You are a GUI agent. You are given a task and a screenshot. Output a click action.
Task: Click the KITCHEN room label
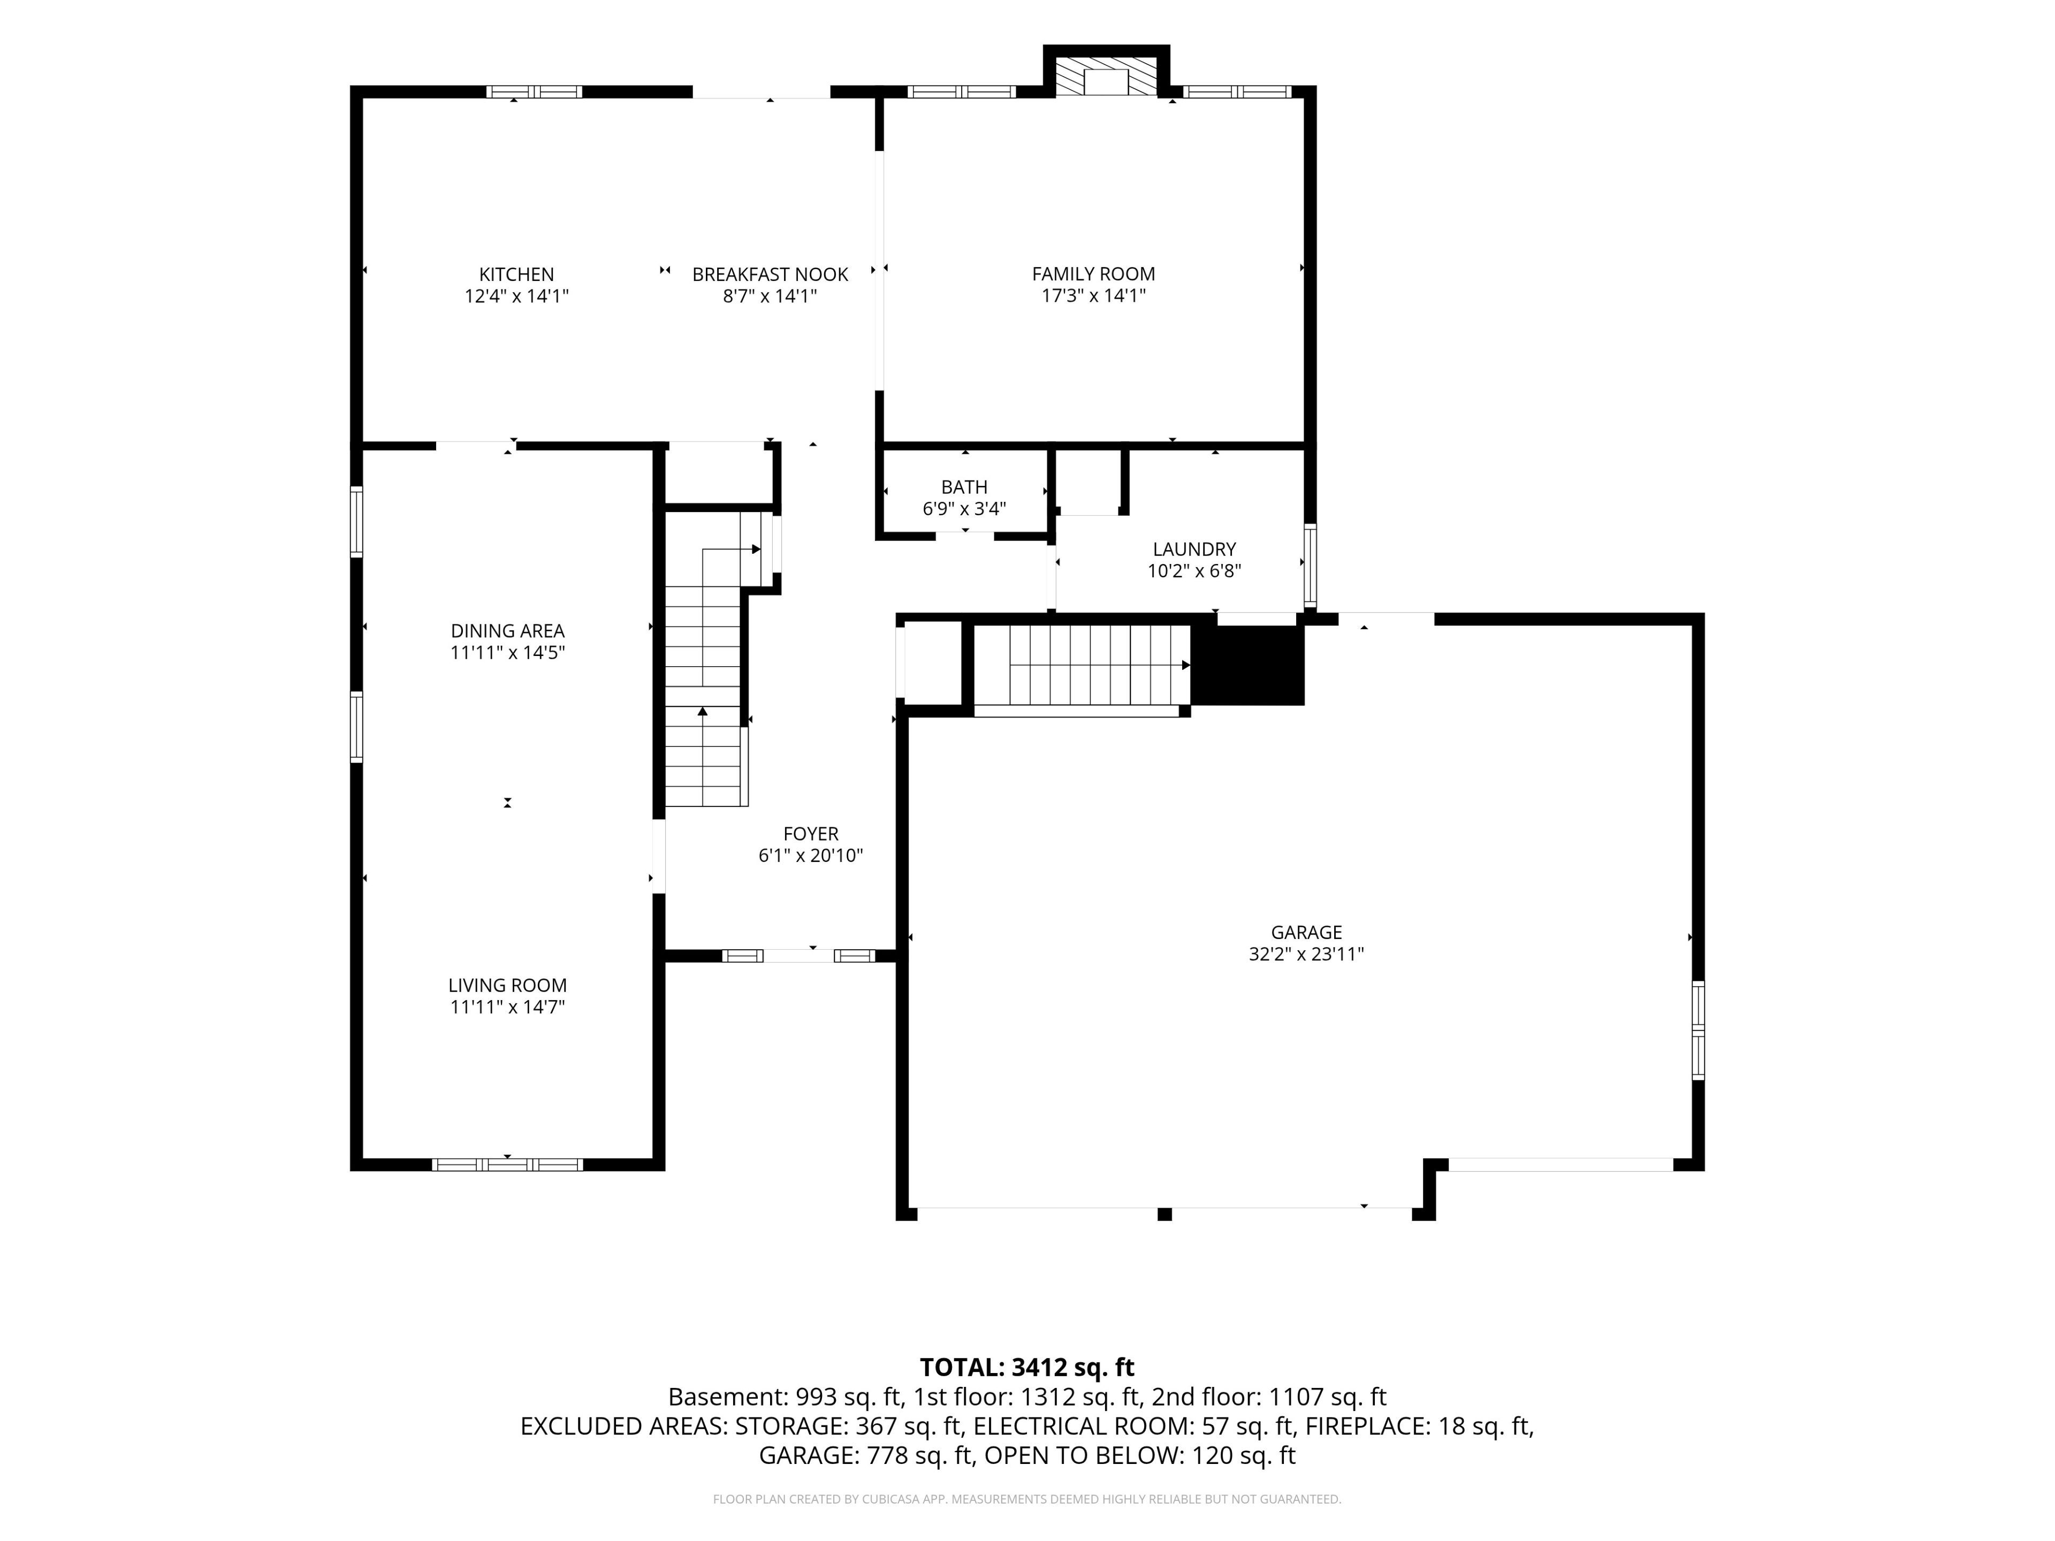516,274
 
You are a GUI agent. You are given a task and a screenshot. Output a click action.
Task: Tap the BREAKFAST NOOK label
770,274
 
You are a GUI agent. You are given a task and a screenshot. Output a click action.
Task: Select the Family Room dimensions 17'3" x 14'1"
1093,295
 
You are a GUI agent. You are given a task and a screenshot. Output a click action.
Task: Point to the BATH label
964,487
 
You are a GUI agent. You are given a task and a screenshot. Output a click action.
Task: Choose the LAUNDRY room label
1194,549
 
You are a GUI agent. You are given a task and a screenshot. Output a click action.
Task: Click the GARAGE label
1306,932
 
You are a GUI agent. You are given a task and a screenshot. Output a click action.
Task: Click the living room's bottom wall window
507,1164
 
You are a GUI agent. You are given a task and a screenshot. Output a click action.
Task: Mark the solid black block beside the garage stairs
1247,665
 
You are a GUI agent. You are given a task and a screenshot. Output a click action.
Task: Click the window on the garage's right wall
1698,1030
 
